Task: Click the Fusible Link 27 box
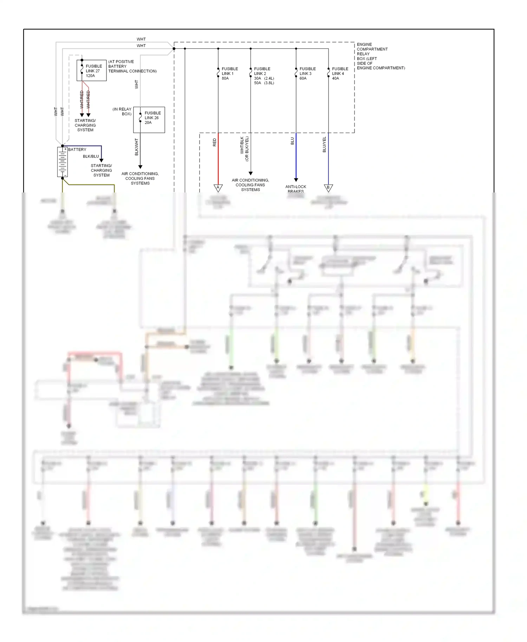(91, 71)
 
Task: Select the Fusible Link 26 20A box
(149, 120)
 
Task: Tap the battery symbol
(63, 162)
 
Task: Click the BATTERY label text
(77, 150)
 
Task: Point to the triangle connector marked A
(218, 188)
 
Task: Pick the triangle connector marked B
(328, 188)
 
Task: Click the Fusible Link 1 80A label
(229, 73)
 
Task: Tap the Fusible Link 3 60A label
(307, 73)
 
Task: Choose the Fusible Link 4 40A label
(340, 73)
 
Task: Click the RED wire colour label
(215, 142)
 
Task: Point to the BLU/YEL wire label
(324, 144)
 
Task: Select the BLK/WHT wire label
(137, 147)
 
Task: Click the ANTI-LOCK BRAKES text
(295, 189)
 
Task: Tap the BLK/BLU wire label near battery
(91, 156)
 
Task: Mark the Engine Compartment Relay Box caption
(380, 56)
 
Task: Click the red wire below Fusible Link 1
(218, 158)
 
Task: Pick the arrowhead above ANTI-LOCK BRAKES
(296, 180)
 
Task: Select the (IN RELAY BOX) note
(122, 111)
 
